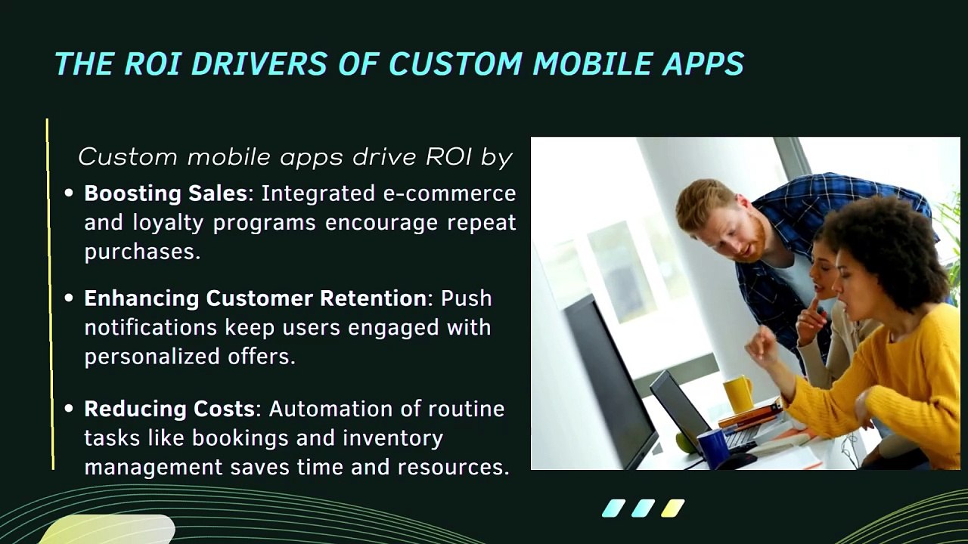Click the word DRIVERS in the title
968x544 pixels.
[259, 63]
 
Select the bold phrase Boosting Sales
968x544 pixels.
[166, 193]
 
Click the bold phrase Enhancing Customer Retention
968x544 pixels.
[256, 298]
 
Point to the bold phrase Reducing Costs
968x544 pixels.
[169, 409]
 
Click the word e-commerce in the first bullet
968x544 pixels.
[449, 193]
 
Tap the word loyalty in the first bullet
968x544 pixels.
[168, 223]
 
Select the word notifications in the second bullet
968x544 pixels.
[150, 327]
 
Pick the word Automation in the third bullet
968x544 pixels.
[330, 409]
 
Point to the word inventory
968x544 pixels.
[393, 439]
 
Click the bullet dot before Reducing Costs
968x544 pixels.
[69, 409]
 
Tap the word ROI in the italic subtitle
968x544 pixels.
[448, 156]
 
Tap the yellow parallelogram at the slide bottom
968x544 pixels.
[673, 508]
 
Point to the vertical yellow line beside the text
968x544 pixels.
[50, 294]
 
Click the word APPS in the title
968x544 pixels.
[703, 63]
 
